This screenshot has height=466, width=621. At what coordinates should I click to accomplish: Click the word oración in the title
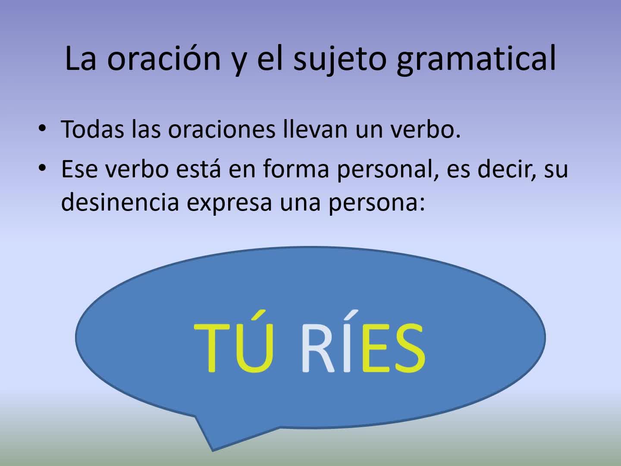(x=164, y=58)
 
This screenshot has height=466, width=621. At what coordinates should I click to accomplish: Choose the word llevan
(x=315, y=129)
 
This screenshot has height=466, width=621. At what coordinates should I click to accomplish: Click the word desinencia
(x=120, y=202)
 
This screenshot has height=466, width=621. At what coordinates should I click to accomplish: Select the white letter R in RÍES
(x=318, y=348)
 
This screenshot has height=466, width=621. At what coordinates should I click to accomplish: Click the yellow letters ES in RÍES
(x=394, y=348)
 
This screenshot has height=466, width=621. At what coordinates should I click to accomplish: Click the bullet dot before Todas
(x=42, y=128)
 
